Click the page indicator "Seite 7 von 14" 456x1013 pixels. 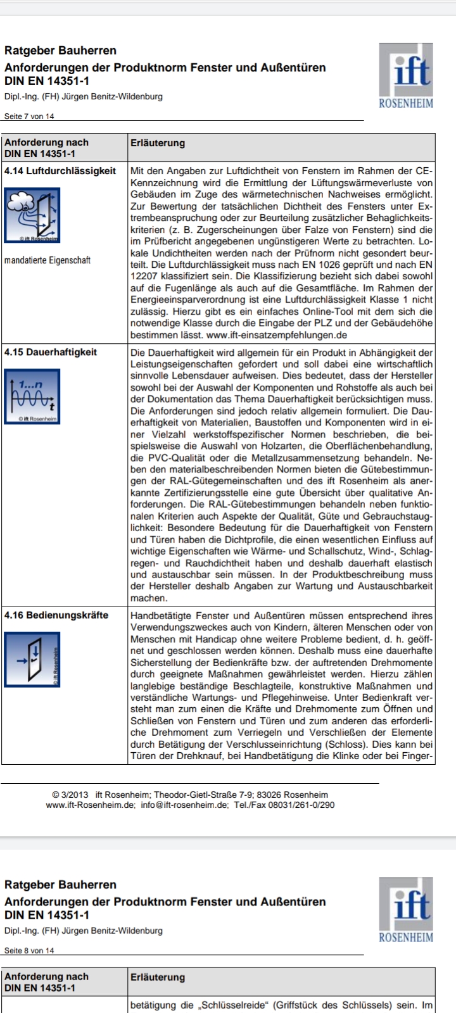[x=29, y=116]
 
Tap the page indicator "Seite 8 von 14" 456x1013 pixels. [x=29, y=950]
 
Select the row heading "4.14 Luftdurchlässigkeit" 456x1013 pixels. [x=60, y=171]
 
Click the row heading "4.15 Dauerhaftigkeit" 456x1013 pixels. [x=51, y=352]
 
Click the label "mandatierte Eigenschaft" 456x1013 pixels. [x=47, y=260]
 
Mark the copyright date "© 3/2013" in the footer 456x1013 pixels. [x=71, y=795]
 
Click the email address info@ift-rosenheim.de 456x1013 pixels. [x=192, y=805]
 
